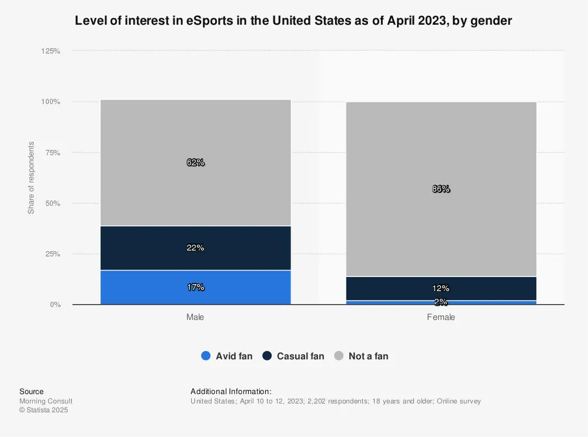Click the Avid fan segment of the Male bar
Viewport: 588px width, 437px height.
[195, 287]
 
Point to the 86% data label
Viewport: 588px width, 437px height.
[441, 189]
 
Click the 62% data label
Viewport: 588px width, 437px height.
[195, 162]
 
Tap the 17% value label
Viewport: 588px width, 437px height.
[195, 287]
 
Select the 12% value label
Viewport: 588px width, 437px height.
[441, 288]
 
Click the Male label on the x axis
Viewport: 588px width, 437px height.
[195, 317]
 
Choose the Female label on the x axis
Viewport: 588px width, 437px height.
[441, 317]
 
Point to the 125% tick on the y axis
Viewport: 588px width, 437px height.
[51, 51]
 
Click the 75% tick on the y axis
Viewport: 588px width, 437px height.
[52, 152]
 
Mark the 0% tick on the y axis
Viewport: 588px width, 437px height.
[55, 305]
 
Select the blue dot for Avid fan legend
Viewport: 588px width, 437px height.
[205, 356]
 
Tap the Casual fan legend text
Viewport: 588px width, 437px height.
[300, 356]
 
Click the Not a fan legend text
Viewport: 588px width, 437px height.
[368, 356]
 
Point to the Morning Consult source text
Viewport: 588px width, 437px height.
[46, 401]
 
